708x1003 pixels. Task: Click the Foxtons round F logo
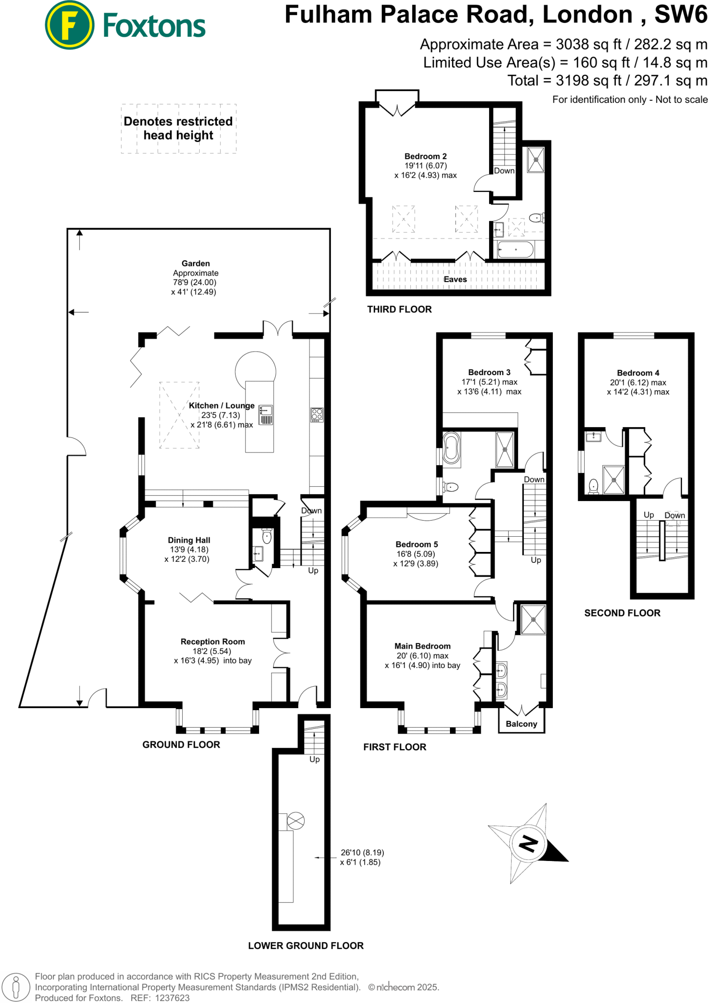click(69, 25)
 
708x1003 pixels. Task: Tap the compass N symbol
click(528, 843)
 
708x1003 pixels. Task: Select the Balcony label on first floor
click(521, 724)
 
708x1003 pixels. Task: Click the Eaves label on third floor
click(455, 279)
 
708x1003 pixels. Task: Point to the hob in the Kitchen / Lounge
click(317, 415)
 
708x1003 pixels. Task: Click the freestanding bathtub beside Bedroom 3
click(451, 448)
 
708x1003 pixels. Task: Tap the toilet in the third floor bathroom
click(537, 217)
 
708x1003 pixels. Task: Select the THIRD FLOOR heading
click(399, 309)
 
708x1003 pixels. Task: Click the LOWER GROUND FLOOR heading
click(306, 946)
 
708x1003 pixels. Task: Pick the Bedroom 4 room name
click(637, 373)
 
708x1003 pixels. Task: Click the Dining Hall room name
click(189, 540)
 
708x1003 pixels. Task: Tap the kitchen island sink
click(266, 410)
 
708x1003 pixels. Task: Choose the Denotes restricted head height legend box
click(178, 128)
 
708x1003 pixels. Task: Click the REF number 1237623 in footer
click(172, 998)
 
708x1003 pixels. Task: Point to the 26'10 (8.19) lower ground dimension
click(362, 852)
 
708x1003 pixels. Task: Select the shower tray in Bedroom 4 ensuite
click(614, 480)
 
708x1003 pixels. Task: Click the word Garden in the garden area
click(195, 263)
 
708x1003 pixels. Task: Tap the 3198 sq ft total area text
click(574, 80)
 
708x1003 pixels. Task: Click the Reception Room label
click(212, 642)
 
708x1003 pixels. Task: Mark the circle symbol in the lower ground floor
click(295, 820)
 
